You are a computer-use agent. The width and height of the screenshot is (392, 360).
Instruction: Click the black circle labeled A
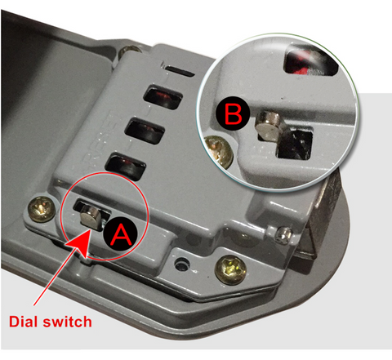pyautogui.click(x=121, y=233)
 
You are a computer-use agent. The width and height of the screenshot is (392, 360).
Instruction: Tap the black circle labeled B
pyautogui.click(x=233, y=114)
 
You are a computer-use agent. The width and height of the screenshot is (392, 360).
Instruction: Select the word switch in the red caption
pyautogui.click(x=68, y=322)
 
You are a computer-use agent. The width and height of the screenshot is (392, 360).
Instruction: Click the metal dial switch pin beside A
pyautogui.click(x=91, y=217)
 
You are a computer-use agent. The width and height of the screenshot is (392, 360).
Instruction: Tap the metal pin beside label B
pyautogui.click(x=269, y=127)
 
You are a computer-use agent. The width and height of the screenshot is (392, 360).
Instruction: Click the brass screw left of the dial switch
pyautogui.click(x=42, y=209)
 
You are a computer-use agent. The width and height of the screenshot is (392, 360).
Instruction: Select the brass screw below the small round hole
pyautogui.click(x=230, y=269)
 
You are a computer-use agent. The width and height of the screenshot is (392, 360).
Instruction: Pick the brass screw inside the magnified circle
pyautogui.click(x=218, y=152)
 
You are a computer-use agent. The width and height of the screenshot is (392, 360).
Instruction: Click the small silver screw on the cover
pyautogui.click(x=283, y=236)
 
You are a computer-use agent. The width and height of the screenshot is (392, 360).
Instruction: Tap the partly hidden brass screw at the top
pyautogui.click(x=130, y=51)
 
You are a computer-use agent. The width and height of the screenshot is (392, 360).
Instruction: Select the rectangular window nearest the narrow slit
pyautogui.click(x=163, y=97)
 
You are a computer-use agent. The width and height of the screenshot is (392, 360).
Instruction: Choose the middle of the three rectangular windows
pyautogui.click(x=145, y=131)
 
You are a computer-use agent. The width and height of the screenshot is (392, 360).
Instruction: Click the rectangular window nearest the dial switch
pyautogui.click(x=125, y=166)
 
